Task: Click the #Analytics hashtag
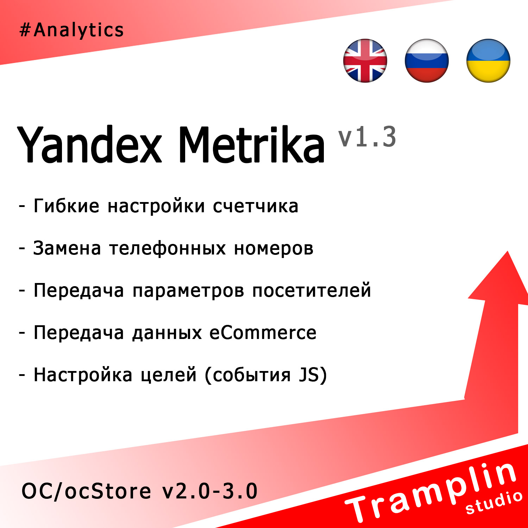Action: (71, 30)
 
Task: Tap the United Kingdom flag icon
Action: (365, 61)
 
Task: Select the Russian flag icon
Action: (427, 61)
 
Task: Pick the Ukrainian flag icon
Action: (488, 61)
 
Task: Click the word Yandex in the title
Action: (90, 145)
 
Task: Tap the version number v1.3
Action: (367, 137)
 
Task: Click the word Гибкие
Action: (66, 206)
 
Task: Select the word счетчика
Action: (256, 206)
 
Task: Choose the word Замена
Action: (67, 248)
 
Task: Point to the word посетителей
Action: (312, 291)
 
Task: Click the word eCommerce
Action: (263, 333)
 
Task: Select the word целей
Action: (169, 375)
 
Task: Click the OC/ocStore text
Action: (86, 491)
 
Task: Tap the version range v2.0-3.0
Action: (210, 491)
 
